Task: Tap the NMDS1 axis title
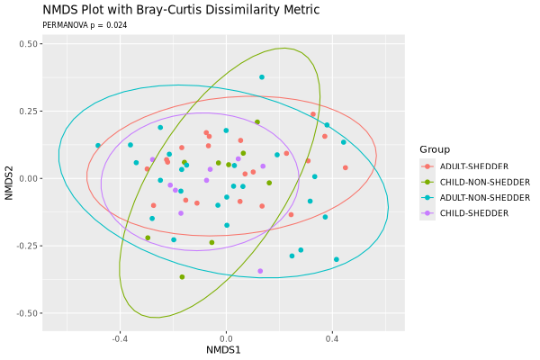(x=223, y=349)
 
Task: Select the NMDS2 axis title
(x=10, y=178)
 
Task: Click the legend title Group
(x=434, y=149)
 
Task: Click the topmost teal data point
(x=262, y=77)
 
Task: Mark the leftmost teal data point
(x=98, y=146)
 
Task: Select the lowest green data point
(x=182, y=277)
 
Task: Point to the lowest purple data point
(x=260, y=271)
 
